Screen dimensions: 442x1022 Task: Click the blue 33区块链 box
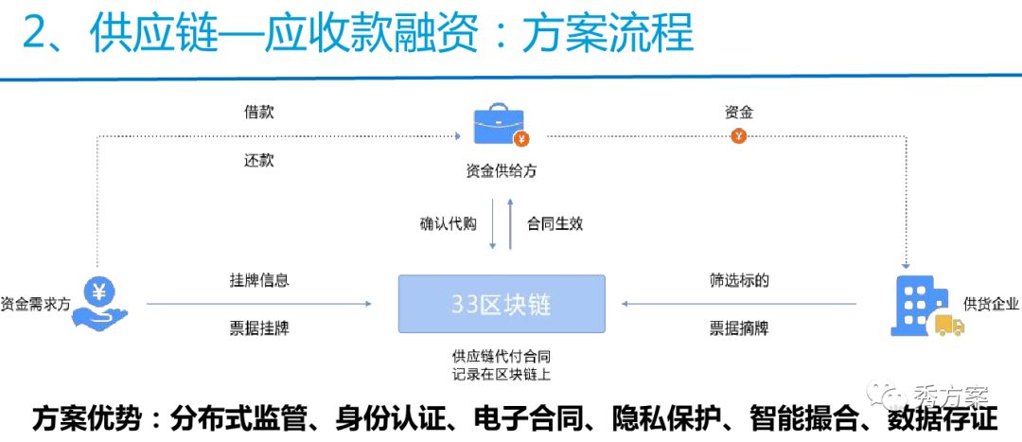[x=502, y=304]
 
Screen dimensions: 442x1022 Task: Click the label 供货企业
[x=991, y=303]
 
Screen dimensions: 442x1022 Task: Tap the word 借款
[x=258, y=113]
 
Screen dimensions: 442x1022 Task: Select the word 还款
[x=258, y=161]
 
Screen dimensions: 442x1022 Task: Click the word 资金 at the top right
[x=739, y=113]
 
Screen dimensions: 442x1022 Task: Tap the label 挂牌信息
[x=258, y=280]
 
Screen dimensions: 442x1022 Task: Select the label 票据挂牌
[x=258, y=329]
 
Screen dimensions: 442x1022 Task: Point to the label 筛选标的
[x=739, y=280]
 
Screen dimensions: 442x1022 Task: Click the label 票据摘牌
[x=739, y=329]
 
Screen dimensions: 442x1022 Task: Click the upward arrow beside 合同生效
[x=511, y=223]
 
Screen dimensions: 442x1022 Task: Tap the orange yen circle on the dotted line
[x=739, y=136]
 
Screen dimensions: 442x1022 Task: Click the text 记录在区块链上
[x=502, y=375]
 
